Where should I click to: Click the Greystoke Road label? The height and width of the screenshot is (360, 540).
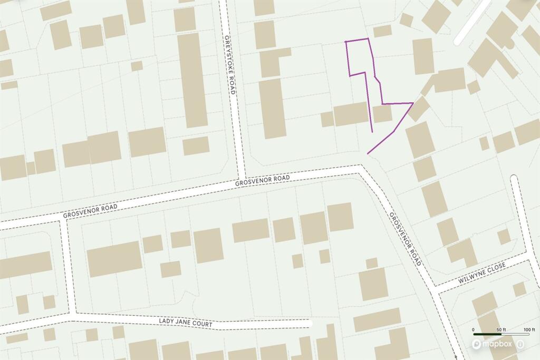pos(229,65)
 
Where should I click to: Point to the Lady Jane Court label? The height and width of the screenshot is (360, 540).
pos(185,323)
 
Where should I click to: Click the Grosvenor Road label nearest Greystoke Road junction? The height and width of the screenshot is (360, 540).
pos(263,181)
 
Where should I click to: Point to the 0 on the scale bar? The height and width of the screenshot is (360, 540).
pos(474,330)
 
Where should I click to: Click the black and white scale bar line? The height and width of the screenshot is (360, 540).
pos(500,335)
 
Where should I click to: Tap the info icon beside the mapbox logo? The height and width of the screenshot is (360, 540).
pos(521,344)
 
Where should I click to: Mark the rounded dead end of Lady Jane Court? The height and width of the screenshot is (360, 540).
pos(310,323)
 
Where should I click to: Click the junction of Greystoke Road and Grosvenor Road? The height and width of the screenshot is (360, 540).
pos(242,177)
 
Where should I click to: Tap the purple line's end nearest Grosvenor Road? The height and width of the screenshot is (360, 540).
pos(368,153)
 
